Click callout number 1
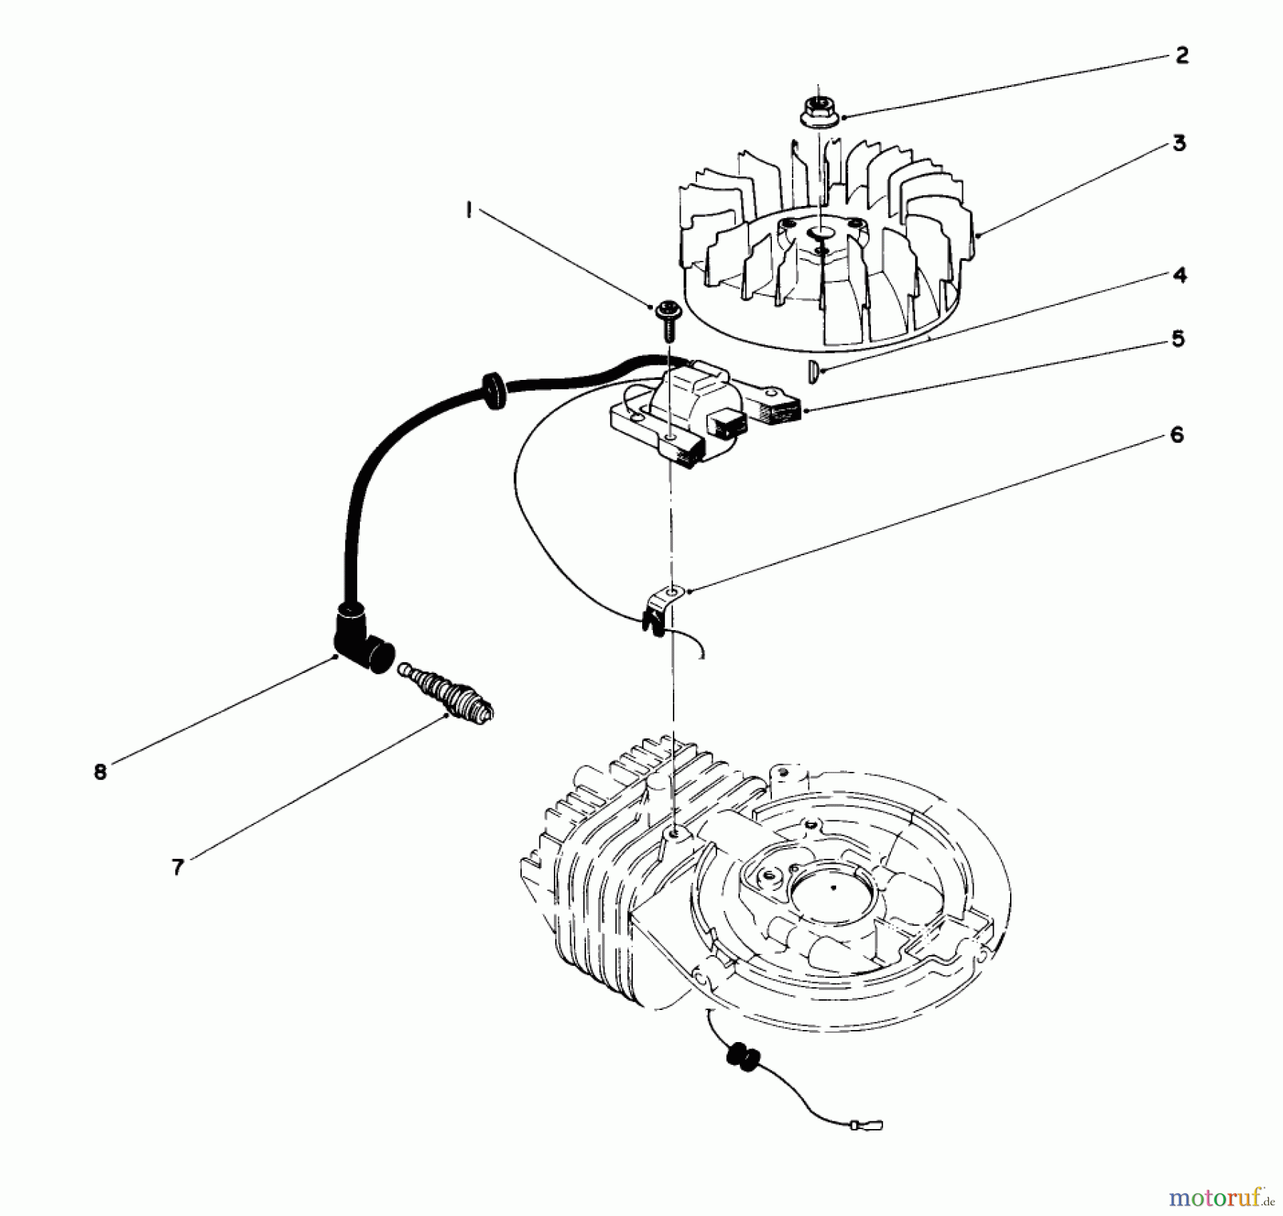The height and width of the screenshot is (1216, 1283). pos(469,211)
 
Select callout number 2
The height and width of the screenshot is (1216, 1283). pos(1181,56)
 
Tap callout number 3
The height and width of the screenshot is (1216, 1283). pos(1179,143)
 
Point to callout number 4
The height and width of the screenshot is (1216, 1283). pos(1180,275)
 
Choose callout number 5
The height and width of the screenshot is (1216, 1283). pos(1178,339)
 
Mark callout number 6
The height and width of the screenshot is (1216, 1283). pos(1176,434)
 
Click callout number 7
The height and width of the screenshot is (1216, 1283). pos(177,867)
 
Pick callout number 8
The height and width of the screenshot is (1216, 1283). pos(100,771)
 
